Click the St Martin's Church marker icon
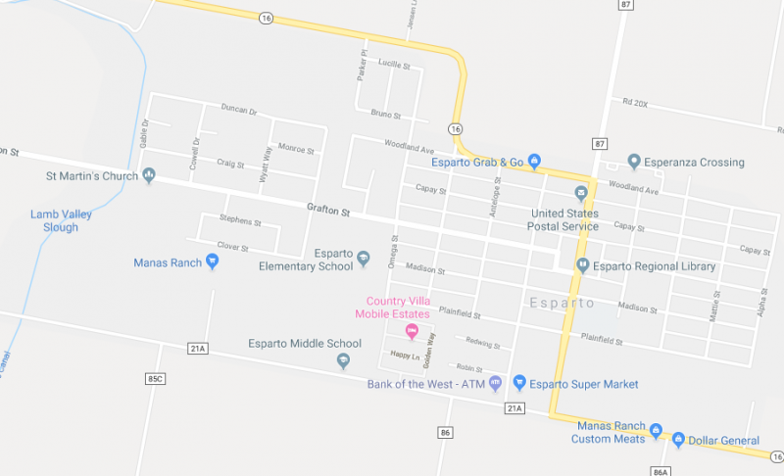(149, 176)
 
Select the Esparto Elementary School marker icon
(364, 259)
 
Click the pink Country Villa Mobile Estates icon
(412, 330)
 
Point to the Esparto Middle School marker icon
(343, 360)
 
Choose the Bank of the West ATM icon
(496, 383)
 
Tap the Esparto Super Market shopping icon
(520, 383)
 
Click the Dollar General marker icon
(677, 440)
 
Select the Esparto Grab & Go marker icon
(535, 161)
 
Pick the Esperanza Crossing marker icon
(634, 162)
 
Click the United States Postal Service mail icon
(581, 192)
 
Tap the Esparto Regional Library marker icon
(581, 265)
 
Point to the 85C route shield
(155, 377)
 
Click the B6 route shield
(446, 432)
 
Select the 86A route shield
(660, 470)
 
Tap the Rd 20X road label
(635, 102)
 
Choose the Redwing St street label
(483, 345)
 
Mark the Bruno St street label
(387, 114)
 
